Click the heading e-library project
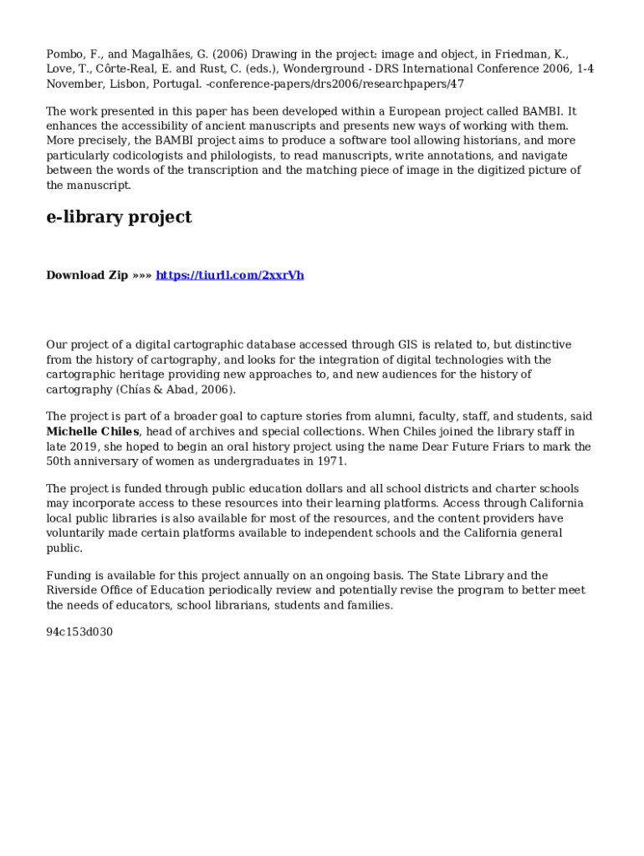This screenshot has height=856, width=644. [x=119, y=217]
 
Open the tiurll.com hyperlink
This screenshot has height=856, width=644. [x=230, y=275]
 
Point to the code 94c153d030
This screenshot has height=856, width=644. [x=79, y=632]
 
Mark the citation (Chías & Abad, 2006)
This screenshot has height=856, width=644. [x=176, y=390]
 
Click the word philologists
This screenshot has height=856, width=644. [x=235, y=155]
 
